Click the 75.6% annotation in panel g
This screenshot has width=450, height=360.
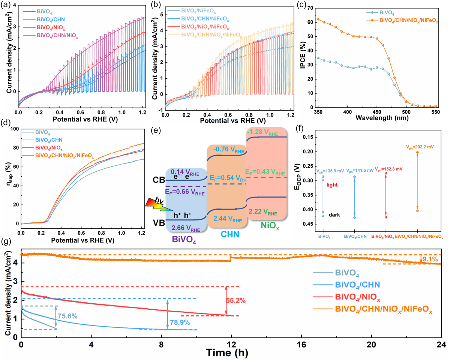click(67, 316)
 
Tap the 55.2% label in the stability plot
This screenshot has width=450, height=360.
click(235, 301)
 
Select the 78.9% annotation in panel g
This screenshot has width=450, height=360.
click(180, 322)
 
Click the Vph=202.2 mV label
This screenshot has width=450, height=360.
click(420, 147)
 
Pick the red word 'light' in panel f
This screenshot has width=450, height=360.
click(332, 185)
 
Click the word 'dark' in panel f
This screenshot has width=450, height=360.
click(334, 215)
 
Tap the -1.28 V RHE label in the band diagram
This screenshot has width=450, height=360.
click(262, 132)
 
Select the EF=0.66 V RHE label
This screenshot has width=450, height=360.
click(185, 192)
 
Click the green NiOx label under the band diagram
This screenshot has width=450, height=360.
click(270, 225)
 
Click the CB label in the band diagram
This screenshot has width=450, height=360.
click(159, 180)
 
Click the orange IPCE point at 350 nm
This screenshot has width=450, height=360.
click(318, 19)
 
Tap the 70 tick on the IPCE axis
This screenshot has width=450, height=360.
click(310, 8)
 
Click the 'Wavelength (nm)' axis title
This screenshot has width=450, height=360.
click(382, 118)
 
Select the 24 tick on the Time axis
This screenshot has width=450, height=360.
click(441, 345)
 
